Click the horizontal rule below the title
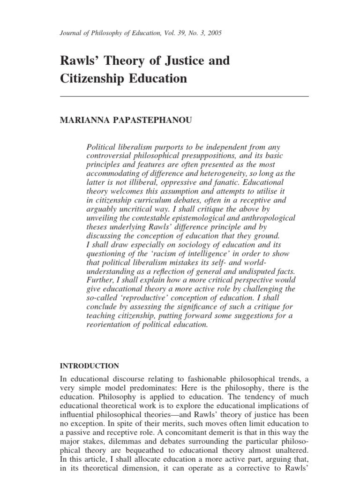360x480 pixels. [x=184, y=96]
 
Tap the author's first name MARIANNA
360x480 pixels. [x=82, y=120]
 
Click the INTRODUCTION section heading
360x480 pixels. [x=90, y=366]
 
